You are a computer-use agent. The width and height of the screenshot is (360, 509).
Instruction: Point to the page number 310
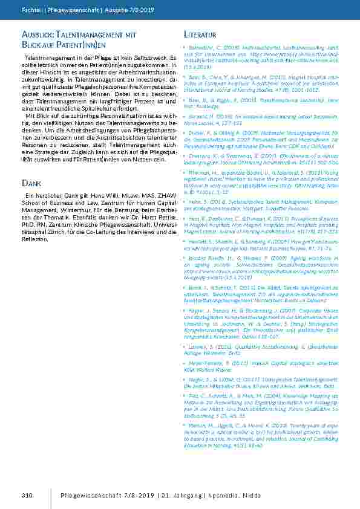pos(26,496)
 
